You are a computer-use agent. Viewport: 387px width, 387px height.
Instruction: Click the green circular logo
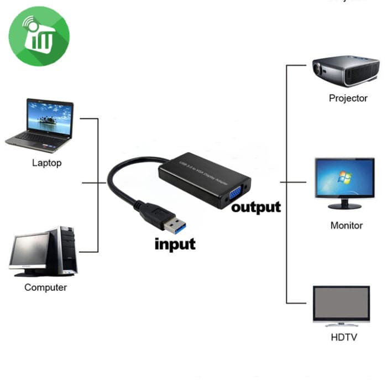39,36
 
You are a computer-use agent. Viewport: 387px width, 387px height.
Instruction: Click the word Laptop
46,163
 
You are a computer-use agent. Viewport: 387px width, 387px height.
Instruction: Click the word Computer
45,287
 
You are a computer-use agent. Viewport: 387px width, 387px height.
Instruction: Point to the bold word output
255,207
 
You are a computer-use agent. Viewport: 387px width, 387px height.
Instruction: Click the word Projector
348,98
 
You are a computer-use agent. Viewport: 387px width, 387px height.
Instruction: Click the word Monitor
346,226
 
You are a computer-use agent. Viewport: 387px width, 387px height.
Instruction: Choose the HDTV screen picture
341,305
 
